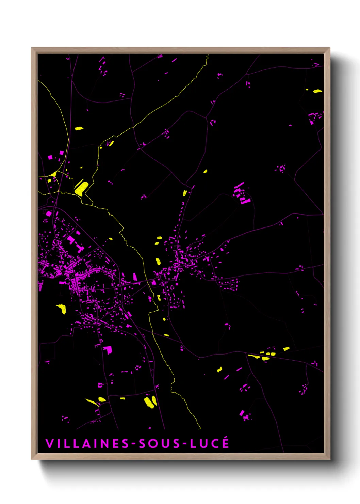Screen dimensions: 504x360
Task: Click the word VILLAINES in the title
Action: point(87,444)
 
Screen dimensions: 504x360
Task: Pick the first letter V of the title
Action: point(49,444)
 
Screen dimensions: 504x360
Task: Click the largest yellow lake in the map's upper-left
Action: point(81,188)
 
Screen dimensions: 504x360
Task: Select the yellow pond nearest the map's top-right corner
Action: point(317,91)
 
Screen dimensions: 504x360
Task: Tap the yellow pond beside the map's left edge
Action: point(62,308)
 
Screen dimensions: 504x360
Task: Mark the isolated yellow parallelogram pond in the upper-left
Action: point(79,128)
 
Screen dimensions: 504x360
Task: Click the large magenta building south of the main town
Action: point(108,349)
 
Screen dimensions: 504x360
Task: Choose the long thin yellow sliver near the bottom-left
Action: point(92,402)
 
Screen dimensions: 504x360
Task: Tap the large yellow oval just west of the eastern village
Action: point(158,262)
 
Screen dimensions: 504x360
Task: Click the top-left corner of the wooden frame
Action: point(32,48)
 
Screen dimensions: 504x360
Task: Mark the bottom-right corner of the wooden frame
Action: point(329,459)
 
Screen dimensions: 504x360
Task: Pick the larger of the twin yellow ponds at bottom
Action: point(148,402)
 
